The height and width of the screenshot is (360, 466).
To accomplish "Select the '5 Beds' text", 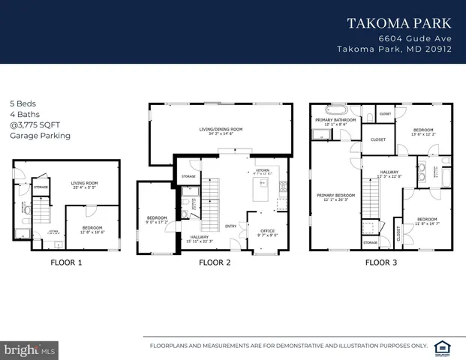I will pos(23,103).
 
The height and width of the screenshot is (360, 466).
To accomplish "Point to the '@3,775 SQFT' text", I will pos(35,125).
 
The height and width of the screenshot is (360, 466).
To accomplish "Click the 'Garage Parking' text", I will pos(40,136).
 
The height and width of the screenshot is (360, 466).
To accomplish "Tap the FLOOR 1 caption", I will pos(66,263).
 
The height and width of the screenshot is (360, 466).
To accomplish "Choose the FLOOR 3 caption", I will pos(381,263).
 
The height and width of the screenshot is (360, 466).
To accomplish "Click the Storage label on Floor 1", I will pos(41,187).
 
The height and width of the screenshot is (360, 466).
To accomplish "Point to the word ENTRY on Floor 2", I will pos(230,225).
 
